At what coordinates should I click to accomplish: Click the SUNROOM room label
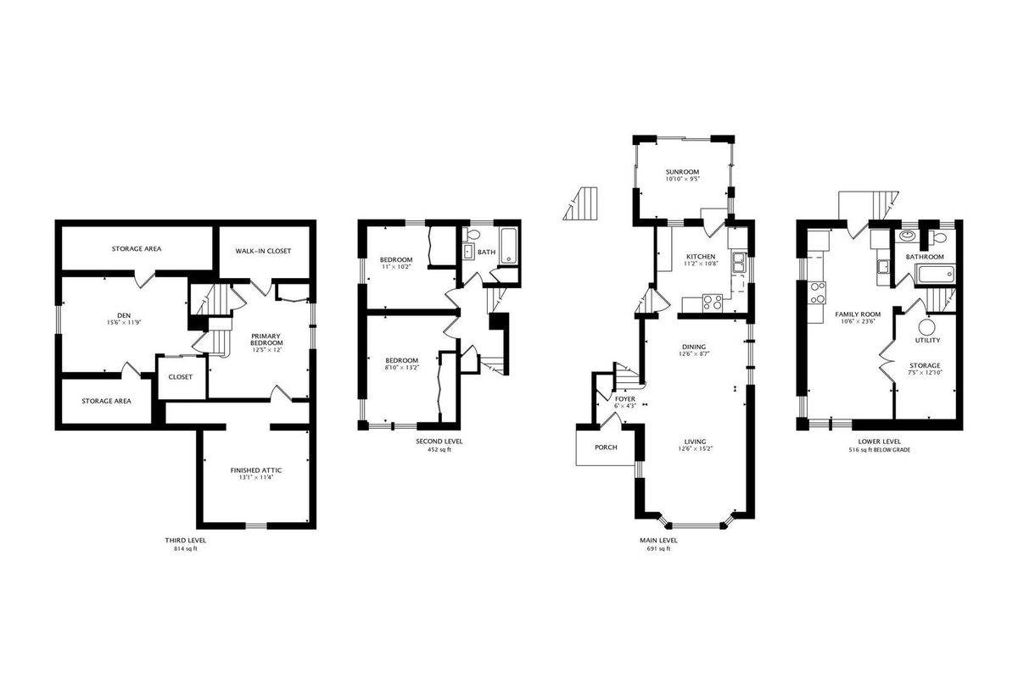[682, 172]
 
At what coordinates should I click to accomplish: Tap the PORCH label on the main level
[606, 447]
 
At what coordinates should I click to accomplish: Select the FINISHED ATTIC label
[256, 470]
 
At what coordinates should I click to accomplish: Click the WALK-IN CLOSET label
[263, 251]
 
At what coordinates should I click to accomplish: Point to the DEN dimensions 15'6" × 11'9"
[124, 323]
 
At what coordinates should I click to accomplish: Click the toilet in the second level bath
[473, 235]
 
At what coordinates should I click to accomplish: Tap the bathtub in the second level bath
[508, 246]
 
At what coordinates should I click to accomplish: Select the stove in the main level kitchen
[712, 303]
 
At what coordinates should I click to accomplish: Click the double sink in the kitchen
[739, 262]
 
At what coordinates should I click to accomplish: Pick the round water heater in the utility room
[927, 327]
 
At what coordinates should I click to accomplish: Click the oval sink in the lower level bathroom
[908, 236]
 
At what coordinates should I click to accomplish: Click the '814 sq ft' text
[186, 548]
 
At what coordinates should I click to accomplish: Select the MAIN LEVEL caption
[658, 541]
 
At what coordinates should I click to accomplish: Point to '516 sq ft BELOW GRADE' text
[880, 449]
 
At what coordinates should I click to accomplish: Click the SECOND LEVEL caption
[439, 441]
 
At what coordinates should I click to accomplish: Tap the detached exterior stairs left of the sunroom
[580, 203]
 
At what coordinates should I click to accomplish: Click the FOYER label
[625, 399]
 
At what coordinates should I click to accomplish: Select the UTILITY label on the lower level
[927, 340]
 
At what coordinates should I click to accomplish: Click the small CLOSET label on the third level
[181, 377]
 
